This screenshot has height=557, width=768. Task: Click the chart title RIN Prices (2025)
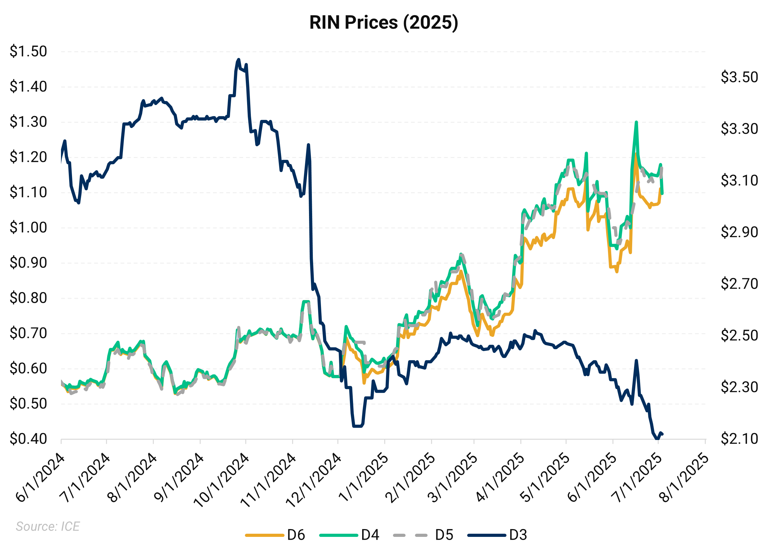point(383,23)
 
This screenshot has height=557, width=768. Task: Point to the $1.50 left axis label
point(28,52)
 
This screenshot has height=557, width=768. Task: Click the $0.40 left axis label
point(28,439)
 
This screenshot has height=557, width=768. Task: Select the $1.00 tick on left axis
point(28,227)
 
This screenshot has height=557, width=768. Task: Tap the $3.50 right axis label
point(739,77)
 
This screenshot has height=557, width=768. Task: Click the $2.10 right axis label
point(739,439)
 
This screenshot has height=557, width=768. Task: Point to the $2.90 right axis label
point(739,232)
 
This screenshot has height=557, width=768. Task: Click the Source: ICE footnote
point(48,526)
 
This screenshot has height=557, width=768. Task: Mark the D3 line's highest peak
point(239,60)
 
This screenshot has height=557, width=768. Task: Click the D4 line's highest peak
point(637,122)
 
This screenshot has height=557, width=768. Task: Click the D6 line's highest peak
point(636,154)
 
